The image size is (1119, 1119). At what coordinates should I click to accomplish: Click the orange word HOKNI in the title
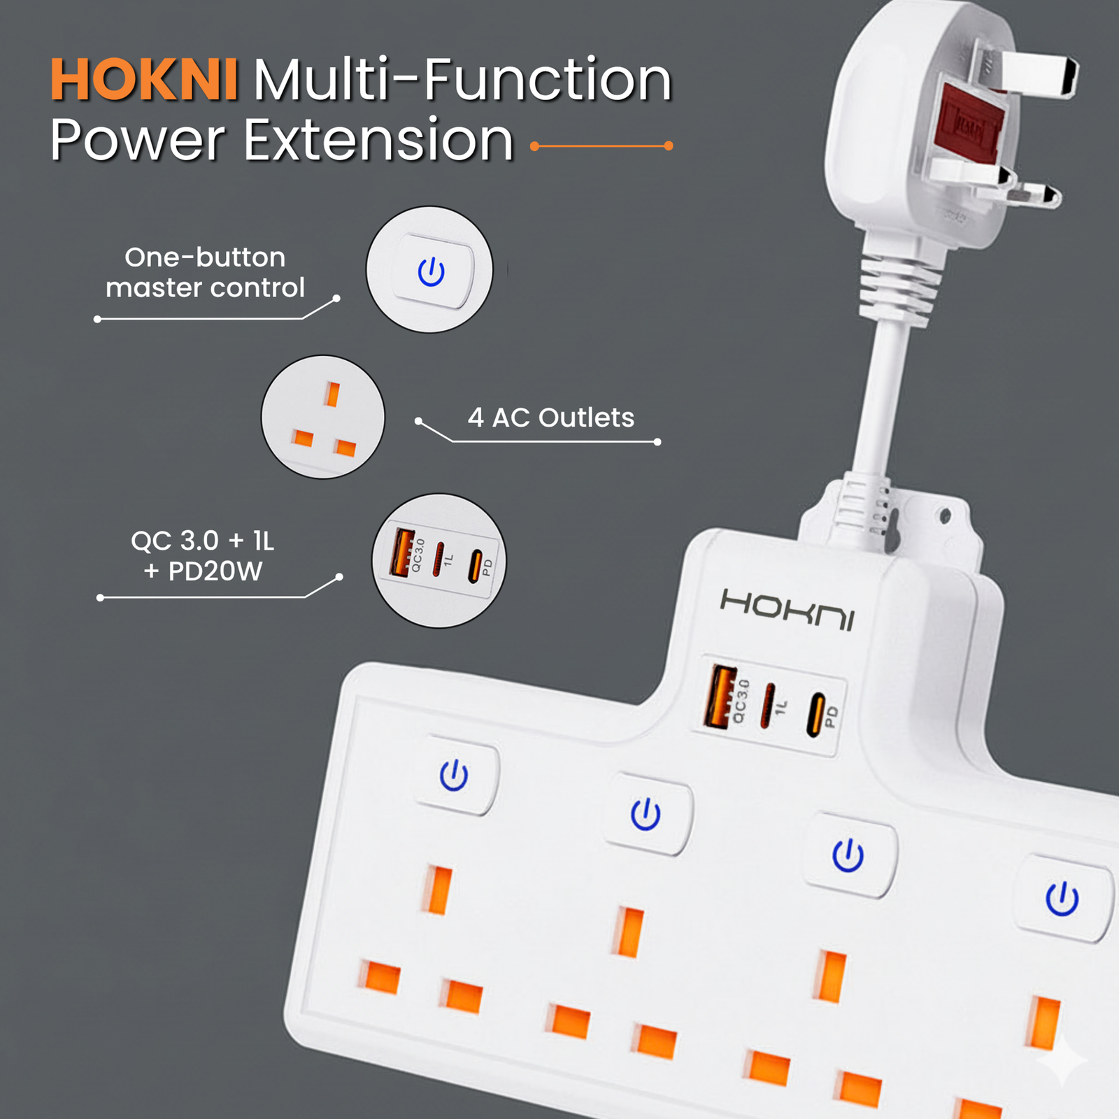click(144, 80)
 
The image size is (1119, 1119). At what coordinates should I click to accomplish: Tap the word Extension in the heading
click(378, 140)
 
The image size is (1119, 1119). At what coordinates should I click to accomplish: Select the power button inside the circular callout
click(432, 271)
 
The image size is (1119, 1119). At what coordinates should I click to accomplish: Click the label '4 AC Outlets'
click(551, 418)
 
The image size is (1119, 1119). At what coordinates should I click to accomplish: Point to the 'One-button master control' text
click(205, 273)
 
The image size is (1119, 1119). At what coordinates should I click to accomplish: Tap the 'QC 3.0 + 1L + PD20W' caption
click(203, 556)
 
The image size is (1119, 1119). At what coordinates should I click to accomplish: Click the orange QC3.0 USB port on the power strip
click(721, 697)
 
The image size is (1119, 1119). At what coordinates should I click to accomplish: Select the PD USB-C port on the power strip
click(815, 715)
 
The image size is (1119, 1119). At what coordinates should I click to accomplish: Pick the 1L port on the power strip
click(769, 706)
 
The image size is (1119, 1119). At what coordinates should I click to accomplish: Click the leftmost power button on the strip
click(455, 776)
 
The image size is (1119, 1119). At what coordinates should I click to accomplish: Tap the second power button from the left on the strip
click(646, 814)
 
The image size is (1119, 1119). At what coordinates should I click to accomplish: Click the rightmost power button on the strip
click(1063, 899)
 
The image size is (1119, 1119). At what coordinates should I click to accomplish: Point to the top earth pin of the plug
click(1039, 74)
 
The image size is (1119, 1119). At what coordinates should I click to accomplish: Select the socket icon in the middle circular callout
click(323, 417)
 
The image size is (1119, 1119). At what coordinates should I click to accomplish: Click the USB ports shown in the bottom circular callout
click(439, 560)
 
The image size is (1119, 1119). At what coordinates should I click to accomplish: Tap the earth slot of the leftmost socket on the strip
click(439, 890)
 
